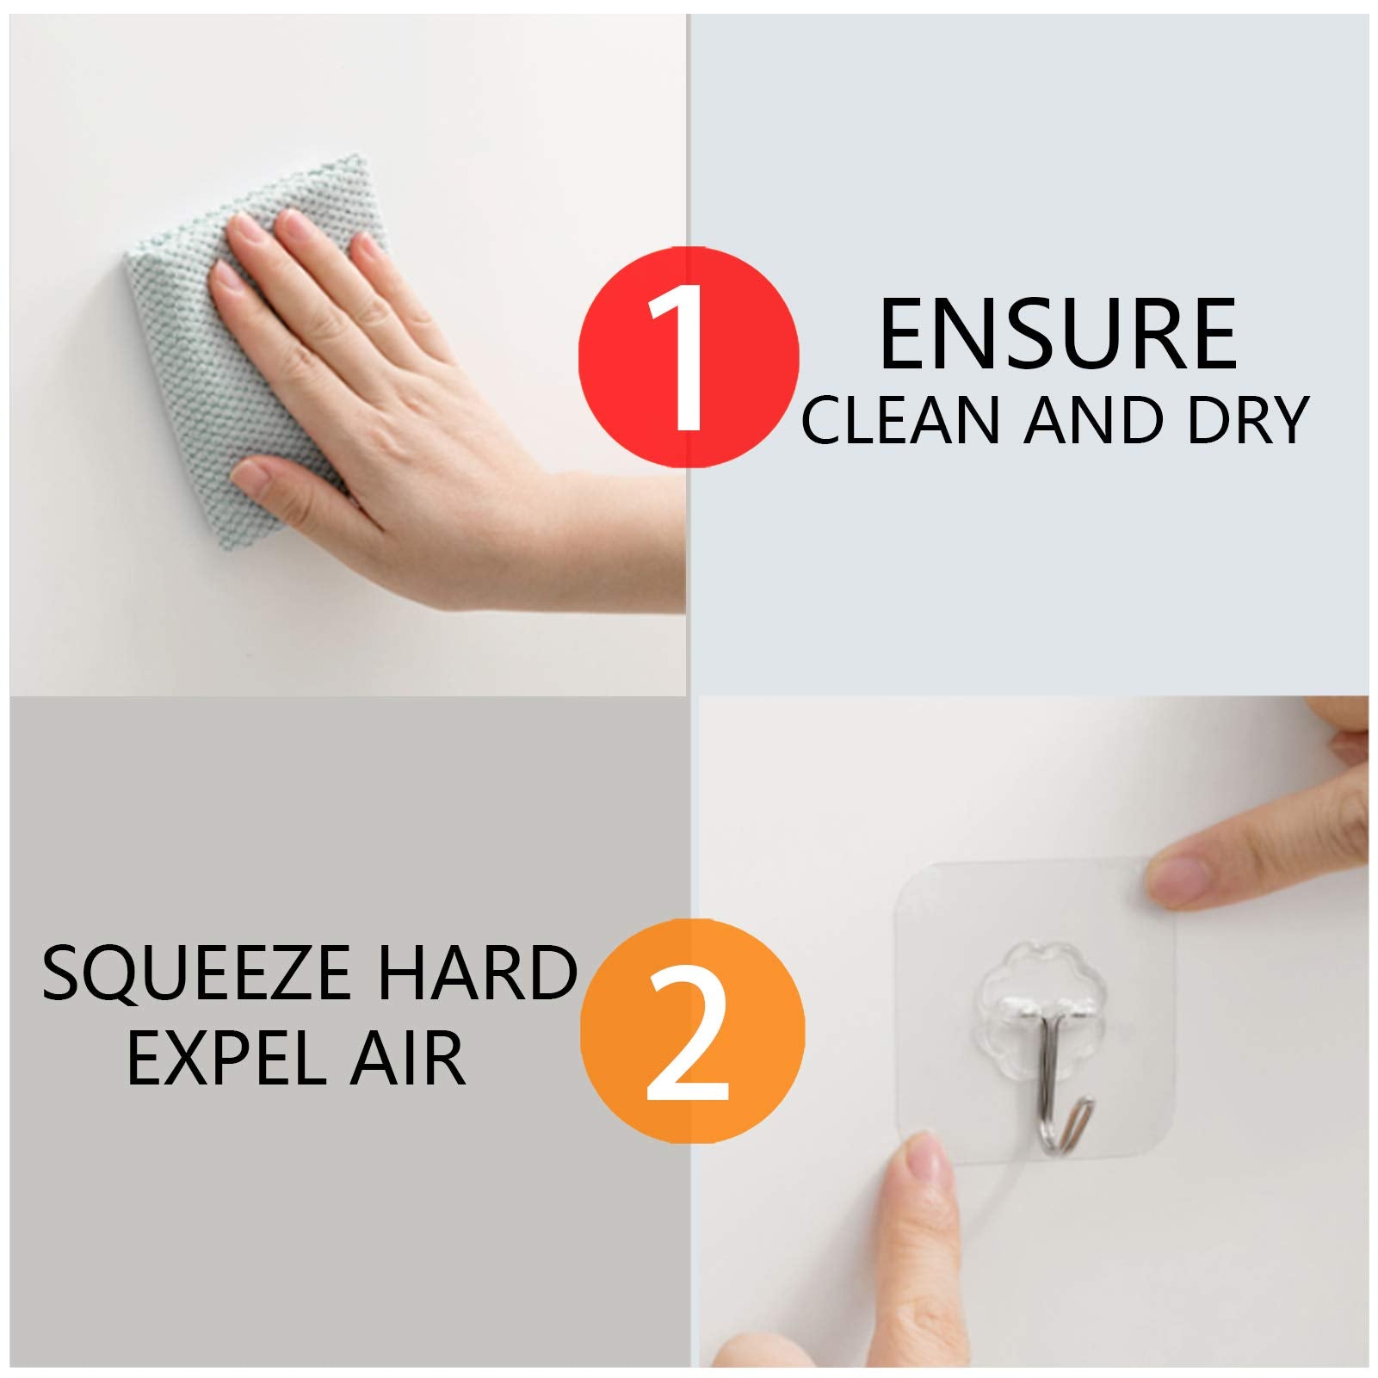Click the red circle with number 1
[x=688, y=356]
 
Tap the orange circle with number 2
[x=692, y=1031]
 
